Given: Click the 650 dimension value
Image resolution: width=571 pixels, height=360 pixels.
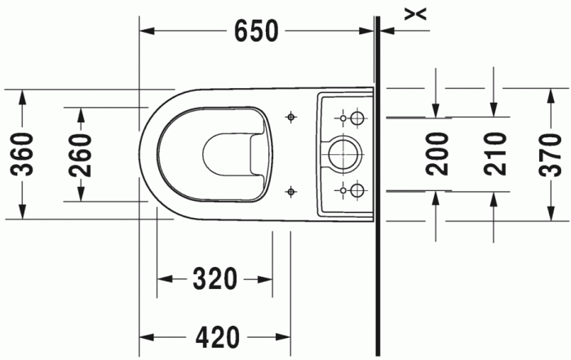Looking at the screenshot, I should click(x=256, y=31).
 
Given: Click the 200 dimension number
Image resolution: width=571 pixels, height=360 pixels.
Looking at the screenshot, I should click(x=438, y=153).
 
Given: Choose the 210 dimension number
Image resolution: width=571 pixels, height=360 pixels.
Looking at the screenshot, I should click(x=494, y=153).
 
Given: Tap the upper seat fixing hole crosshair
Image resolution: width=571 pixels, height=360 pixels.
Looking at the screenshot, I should click(x=290, y=118).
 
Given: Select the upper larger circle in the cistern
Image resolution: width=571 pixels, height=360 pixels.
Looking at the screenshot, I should click(x=356, y=118).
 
